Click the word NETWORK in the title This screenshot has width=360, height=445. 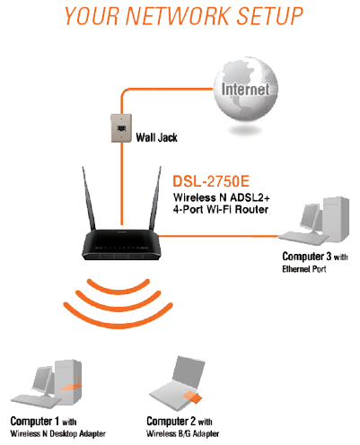[178, 15]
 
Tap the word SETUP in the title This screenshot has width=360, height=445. [269, 15]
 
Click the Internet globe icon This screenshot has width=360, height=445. [246, 89]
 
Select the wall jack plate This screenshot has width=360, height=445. [121, 128]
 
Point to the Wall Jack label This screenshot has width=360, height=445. [156, 137]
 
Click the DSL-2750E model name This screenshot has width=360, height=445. [211, 181]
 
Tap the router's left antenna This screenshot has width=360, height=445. [89, 199]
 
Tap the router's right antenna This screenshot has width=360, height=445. [155, 198]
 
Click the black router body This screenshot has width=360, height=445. [121, 244]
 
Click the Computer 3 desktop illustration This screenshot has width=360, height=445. [314, 222]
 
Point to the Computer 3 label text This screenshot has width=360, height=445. [315, 262]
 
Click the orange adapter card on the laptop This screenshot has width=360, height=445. [192, 397]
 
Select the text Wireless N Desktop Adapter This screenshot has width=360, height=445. [57, 433]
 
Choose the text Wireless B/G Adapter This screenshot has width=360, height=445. [182, 433]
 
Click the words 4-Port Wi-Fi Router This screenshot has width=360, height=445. [221, 209]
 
